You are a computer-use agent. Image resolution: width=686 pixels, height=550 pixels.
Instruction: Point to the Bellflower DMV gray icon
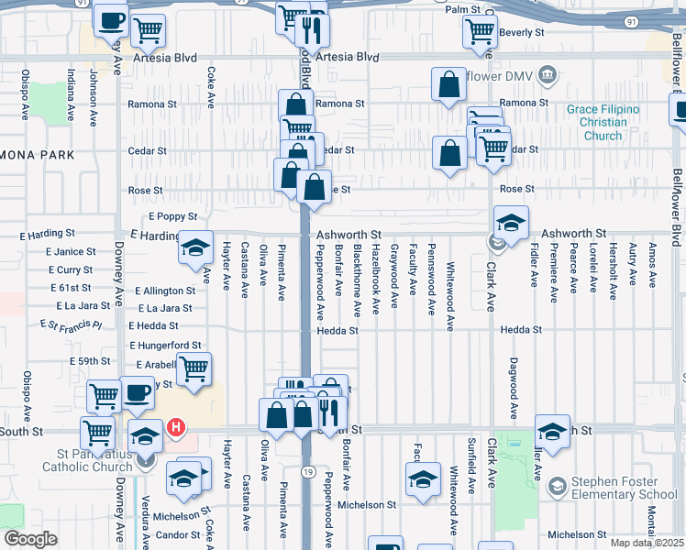pos(548,73)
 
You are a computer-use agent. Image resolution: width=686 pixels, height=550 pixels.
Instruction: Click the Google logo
pos(30,539)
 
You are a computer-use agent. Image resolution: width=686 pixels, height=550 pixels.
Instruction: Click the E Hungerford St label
pos(165,346)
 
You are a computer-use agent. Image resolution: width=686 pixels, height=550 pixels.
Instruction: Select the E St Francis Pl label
pos(71,325)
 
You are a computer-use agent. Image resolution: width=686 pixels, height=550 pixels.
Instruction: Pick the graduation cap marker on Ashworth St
pos(511,221)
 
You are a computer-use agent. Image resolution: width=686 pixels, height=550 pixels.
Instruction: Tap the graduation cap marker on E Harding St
pos(194,247)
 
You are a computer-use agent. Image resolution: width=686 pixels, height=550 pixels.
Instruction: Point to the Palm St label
pos(463,9)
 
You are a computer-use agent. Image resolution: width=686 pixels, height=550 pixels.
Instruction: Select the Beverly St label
pos(524,32)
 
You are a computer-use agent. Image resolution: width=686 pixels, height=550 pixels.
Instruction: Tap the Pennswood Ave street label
pos(431,280)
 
